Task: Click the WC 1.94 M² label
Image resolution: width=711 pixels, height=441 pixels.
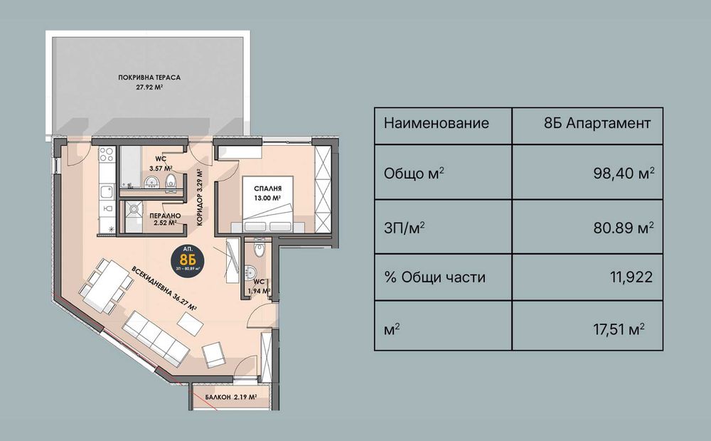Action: click(x=257, y=287)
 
